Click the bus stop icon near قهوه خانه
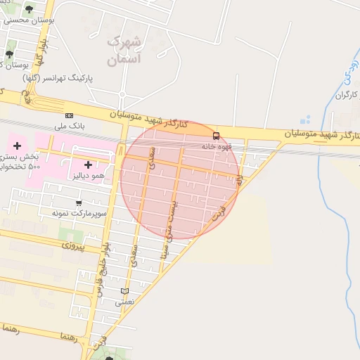(x=216, y=136)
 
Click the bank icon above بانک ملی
(x=69, y=115)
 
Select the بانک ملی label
(x=69, y=126)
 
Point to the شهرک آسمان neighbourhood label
(x=124, y=51)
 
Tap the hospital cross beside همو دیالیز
(x=88, y=165)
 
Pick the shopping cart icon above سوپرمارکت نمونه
(x=78, y=202)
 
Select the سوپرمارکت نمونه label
(x=78, y=212)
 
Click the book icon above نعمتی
(x=124, y=291)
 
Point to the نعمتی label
(x=124, y=302)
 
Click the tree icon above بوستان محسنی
(x=29, y=9)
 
